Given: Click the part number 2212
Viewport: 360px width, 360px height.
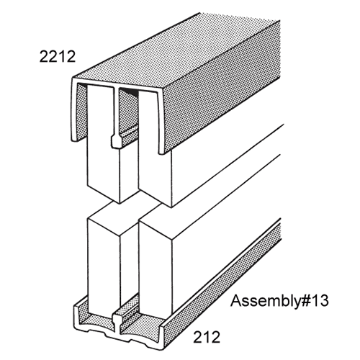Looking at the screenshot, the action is point(58,57).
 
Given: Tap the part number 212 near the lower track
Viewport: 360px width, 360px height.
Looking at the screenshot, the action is point(207,337).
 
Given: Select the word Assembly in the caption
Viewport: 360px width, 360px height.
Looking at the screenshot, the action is point(265,302).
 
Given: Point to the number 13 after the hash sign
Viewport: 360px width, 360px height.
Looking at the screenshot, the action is point(320,301).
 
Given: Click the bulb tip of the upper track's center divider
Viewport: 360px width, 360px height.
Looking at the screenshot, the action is point(115,142).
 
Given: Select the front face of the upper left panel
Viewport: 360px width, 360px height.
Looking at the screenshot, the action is point(103,144).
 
